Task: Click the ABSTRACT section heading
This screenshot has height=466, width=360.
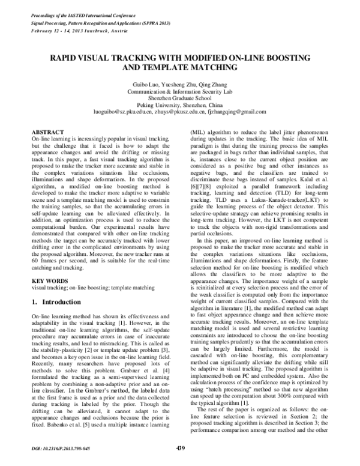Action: pos(46,130)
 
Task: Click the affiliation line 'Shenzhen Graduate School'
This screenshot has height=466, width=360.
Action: pos(180,98)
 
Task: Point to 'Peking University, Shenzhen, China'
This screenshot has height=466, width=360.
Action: pos(180,105)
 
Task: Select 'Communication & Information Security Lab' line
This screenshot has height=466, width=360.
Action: pos(180,92)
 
